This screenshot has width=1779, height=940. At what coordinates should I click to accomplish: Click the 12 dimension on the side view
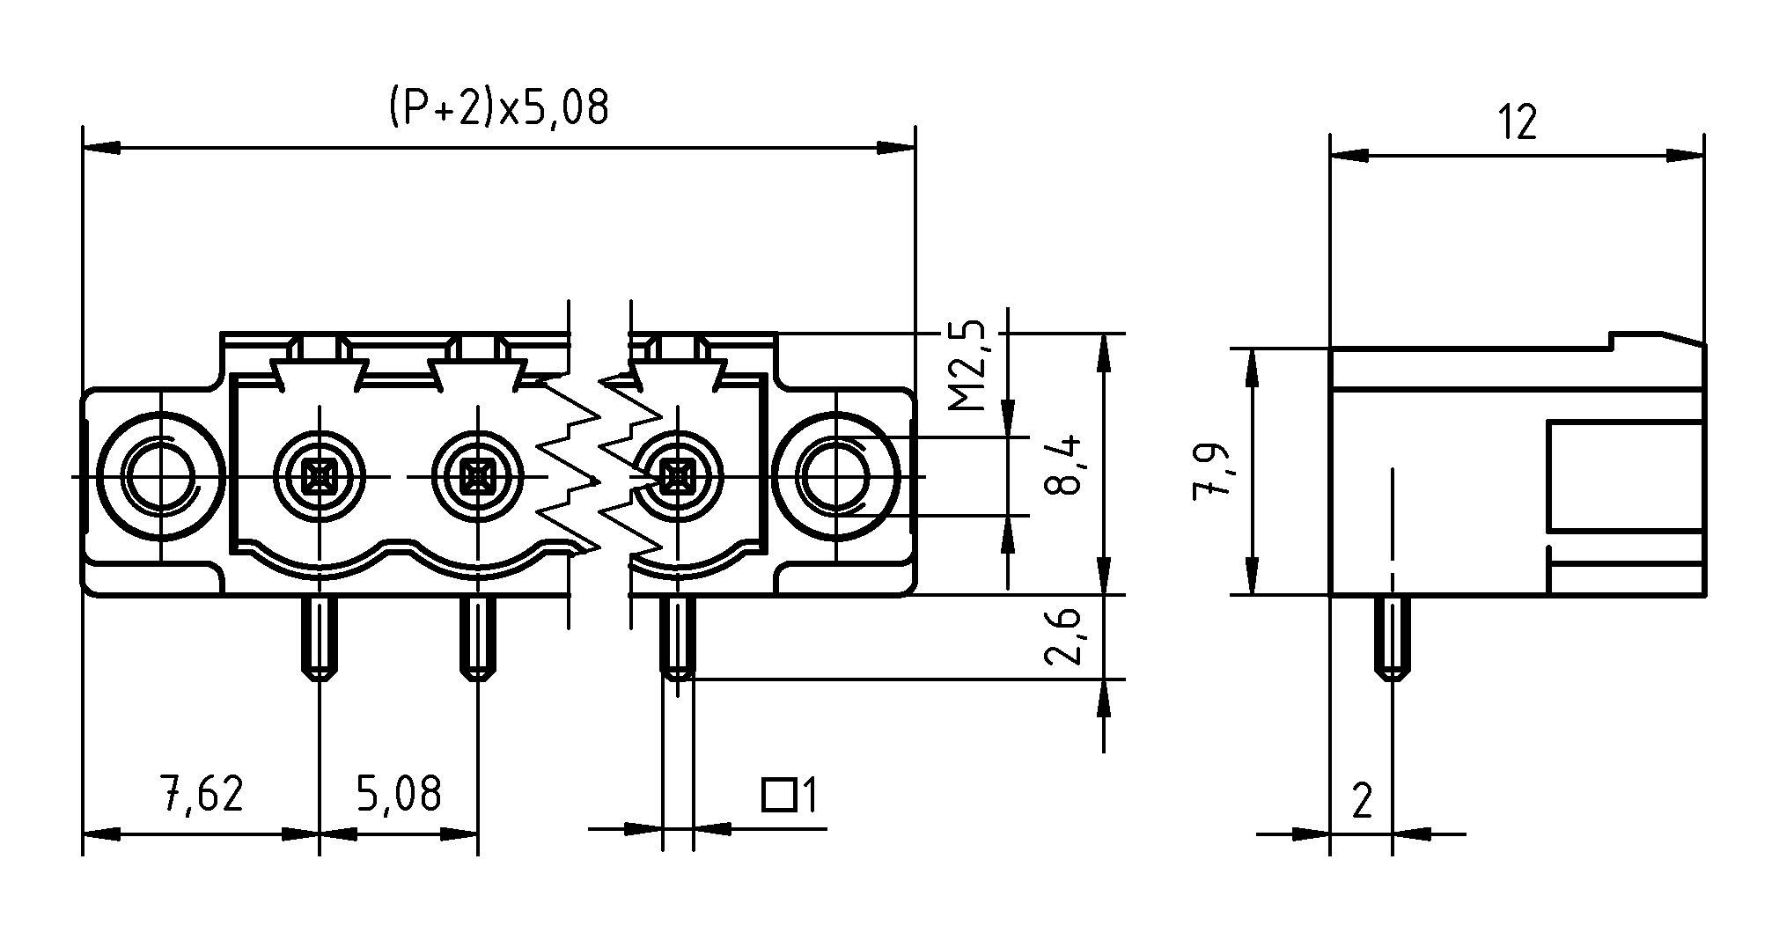[1518, 122]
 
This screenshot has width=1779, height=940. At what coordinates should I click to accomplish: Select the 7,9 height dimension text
[1210, 472]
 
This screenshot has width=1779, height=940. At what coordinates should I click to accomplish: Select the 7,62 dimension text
[202, 794]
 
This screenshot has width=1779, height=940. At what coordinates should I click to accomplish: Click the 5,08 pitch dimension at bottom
[398, 794]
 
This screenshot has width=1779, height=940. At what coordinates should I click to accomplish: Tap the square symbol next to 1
[778, 795]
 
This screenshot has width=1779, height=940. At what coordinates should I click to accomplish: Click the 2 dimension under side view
[1362, 801]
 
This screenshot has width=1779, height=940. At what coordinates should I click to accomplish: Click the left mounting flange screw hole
[159, 476]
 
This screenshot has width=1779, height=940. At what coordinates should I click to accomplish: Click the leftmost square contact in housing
[319, 477]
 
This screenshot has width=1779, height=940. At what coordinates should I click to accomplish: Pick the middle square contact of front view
[477, 477]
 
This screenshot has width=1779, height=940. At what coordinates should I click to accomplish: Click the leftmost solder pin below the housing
[319, 638]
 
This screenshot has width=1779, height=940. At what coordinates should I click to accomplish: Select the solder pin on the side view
[1392, 638]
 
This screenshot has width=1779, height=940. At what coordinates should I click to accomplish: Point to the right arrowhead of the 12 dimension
[1685, 157]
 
